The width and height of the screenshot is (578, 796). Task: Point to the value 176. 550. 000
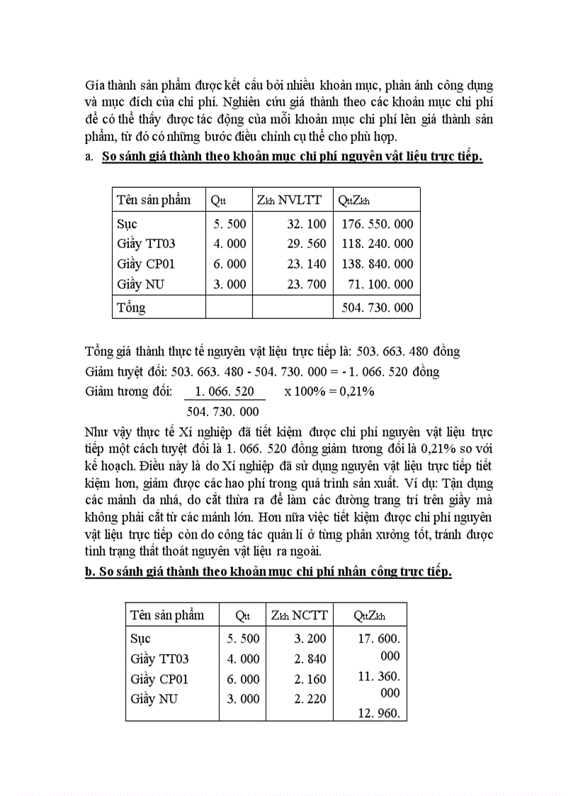coord(377,225)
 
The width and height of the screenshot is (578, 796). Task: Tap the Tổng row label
coord(131,308)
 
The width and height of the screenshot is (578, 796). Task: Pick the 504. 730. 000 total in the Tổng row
coord(377,308)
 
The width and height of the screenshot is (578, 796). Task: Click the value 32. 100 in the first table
coord(307,225)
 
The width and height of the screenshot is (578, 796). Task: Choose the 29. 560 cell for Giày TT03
coord(307,245)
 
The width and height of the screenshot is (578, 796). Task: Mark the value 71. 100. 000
coord(381,284)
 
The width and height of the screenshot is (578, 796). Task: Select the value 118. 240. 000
coord(377,245)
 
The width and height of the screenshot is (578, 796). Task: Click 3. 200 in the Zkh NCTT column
coord(310,639)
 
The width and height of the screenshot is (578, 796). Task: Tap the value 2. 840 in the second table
coord(310,659)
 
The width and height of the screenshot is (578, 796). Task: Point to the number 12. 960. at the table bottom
coord(379,714)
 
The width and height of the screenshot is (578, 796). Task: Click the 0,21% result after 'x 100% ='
coord(354,392)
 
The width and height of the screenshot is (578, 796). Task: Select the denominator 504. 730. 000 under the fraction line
coord(222,412)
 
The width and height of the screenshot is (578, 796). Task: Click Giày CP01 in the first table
coord(146,264)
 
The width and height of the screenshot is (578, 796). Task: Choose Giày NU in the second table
coord(154,699)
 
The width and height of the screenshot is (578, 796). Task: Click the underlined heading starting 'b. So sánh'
coord(268,573)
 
